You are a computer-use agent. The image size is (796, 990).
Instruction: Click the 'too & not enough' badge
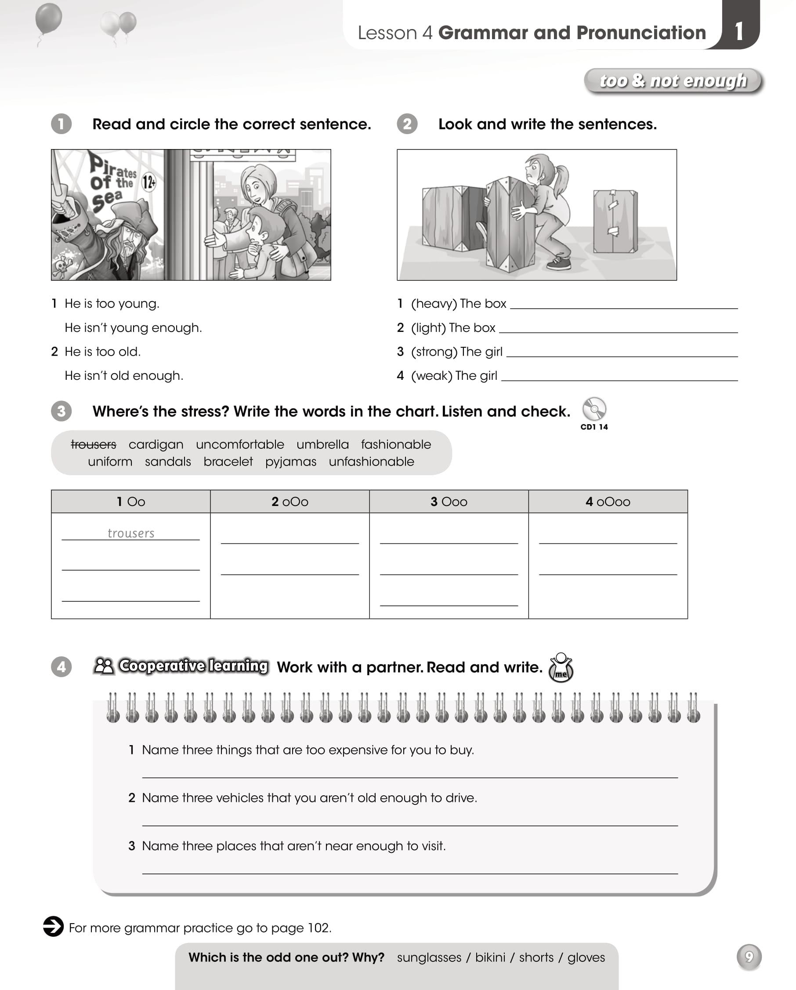point(673,81)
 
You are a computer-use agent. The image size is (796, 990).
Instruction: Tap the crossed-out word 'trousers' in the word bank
point(94,444)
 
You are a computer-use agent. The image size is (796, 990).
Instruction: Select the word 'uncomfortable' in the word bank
point(240,444)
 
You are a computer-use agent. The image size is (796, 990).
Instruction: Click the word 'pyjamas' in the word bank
point(291,462)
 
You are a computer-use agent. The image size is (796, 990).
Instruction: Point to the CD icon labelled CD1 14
point(594,409)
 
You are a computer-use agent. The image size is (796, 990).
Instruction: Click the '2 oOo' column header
point(290,502)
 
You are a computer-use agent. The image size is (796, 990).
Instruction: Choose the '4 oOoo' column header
point(608,502)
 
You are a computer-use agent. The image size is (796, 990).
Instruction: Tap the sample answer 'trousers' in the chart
point(131,533)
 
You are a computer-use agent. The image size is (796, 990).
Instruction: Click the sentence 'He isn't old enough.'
point(124,375)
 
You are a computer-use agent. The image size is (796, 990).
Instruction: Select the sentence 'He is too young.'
point(112,303)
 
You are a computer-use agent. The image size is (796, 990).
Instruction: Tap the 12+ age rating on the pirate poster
point(148,182)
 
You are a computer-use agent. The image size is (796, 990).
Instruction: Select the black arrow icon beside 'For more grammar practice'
point(53,926)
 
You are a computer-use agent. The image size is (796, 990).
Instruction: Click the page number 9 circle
point(749,957)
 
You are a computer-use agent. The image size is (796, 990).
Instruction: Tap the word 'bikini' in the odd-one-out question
point(490,957)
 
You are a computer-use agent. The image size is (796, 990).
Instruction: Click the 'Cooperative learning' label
point(193,666)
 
